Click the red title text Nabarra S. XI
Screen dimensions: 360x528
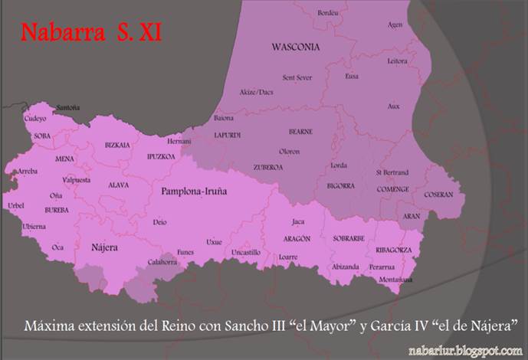[x=90, y=34]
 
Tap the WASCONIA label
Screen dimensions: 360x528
[x=295, y=47]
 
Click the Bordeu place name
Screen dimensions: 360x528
[x=328, y=13]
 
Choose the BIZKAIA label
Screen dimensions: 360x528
[x=117, y=144]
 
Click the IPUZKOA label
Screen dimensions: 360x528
[x=161, y=156]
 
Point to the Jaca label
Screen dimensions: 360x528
[x=298, y=222]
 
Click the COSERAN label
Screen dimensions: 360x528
[x=438, y=195]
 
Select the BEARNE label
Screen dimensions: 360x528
[x=300, y=132]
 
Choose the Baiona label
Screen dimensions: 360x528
[x=224, y=119]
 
